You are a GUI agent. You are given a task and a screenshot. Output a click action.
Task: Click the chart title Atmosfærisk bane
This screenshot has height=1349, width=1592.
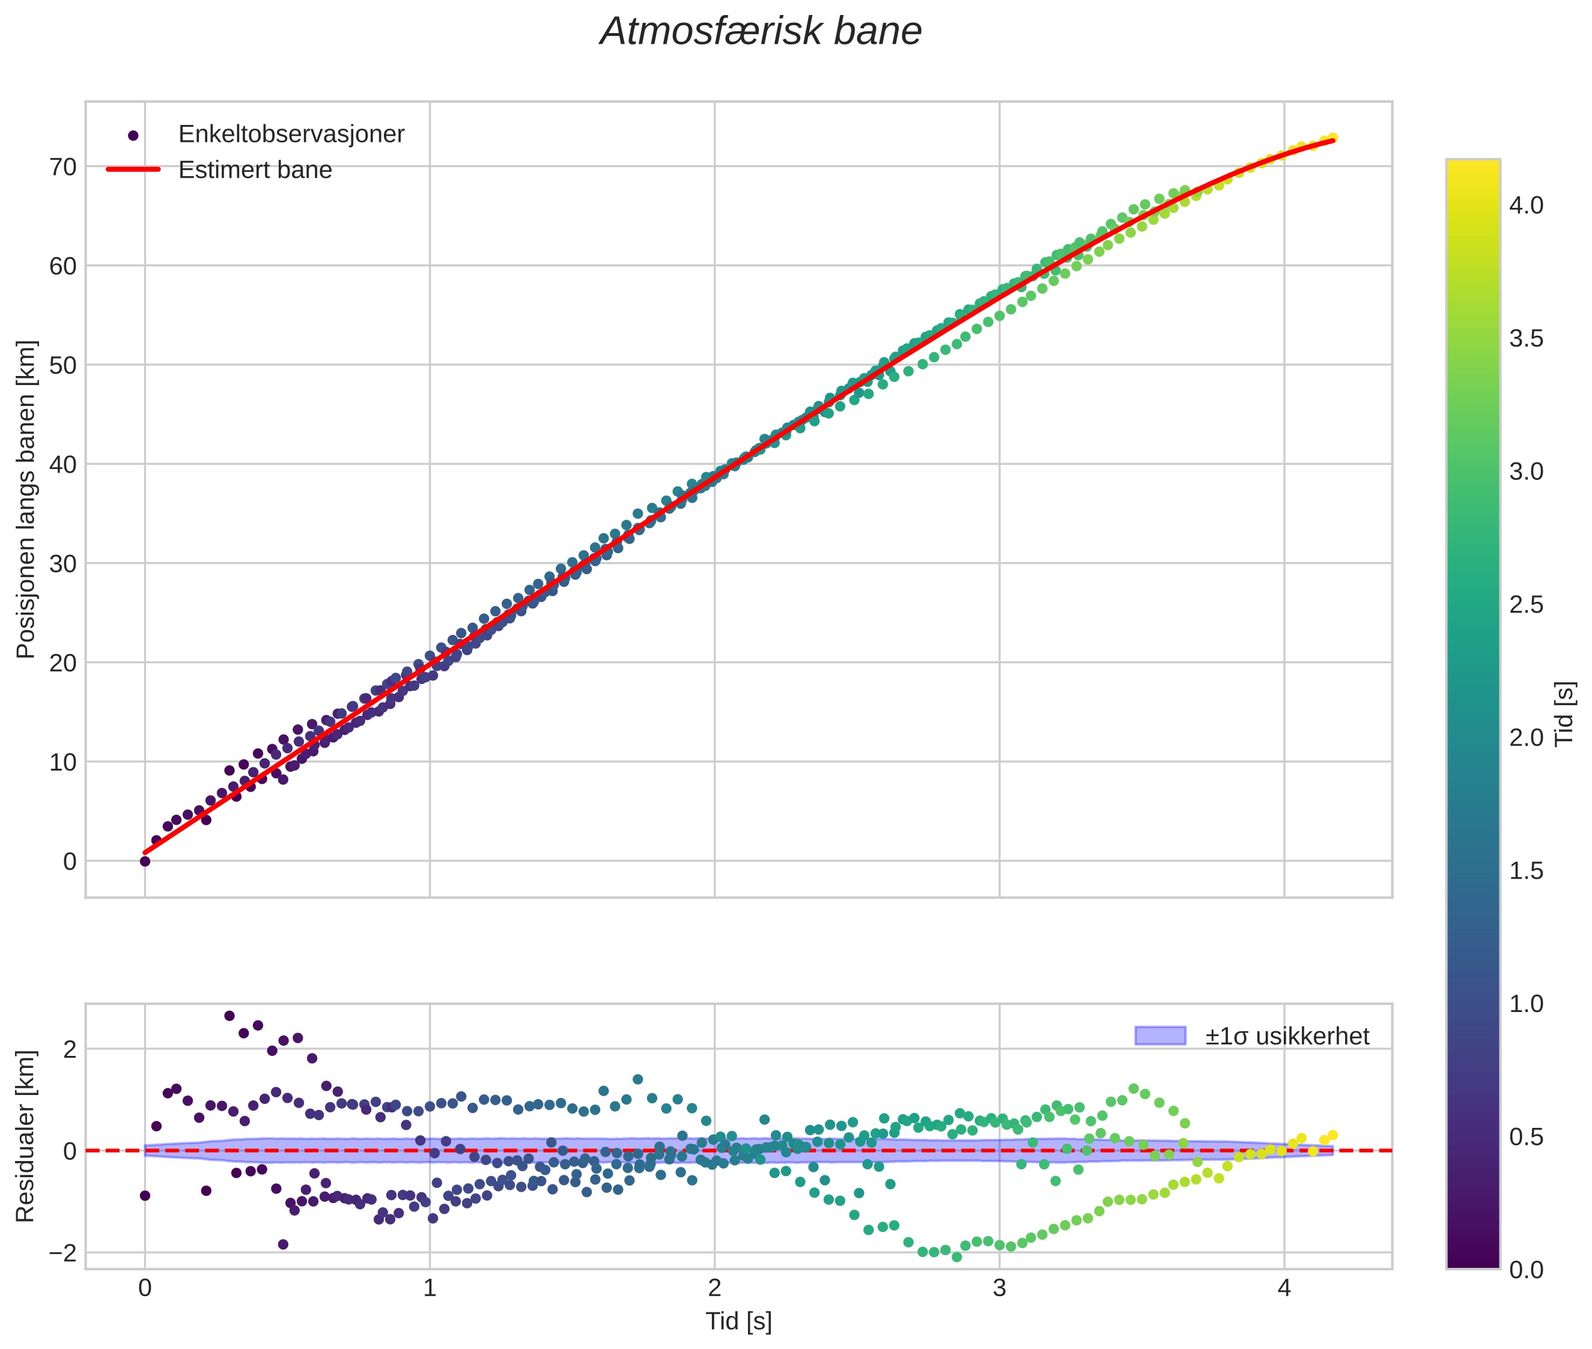pos(761,32)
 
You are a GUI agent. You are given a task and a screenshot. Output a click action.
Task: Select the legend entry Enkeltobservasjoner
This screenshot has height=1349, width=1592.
pos(291,134)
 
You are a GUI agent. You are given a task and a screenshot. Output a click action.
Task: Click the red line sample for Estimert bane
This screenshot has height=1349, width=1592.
pos(133,169)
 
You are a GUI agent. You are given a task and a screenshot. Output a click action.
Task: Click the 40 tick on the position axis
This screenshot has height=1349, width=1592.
pos(64,464)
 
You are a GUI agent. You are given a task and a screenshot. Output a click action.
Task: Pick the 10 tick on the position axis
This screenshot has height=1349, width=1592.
pos(64,762)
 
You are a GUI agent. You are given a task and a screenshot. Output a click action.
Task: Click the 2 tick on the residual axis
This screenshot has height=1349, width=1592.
pos(70,1049)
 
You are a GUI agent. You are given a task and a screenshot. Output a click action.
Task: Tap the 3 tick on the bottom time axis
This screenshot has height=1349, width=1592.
pos(999,1288)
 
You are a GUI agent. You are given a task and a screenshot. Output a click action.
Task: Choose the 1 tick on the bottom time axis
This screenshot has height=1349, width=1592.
pos(430,1288)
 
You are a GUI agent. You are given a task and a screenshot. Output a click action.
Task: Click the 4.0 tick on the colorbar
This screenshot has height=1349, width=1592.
pos(1526,205)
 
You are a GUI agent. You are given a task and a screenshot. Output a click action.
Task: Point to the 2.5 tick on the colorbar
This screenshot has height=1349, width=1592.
pos(1526,604)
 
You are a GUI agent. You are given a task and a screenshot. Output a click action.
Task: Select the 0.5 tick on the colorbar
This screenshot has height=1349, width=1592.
pos(1526,1136)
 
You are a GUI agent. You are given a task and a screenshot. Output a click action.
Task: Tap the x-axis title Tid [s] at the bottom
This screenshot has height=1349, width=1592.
pos(738,1321)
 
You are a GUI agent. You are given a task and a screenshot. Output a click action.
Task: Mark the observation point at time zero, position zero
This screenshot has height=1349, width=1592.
pos(145,861)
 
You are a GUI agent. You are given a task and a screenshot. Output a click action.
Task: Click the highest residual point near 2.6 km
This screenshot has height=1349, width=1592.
pos(229,1016)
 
